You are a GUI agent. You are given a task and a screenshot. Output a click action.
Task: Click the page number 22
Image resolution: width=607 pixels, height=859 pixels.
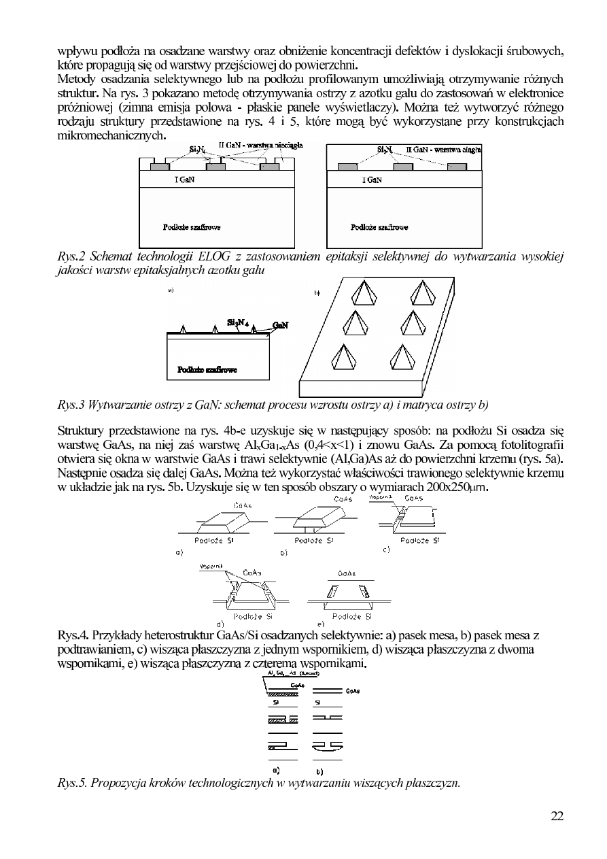pyautogui.click(x=557, y=817)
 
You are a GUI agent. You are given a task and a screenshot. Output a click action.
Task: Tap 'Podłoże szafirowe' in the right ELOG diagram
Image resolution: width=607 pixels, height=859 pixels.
pyautogui.click(x=379, y=228)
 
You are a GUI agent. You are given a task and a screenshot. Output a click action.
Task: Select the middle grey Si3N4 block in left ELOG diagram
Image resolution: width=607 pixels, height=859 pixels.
pyautogui.click(x=215, y=167)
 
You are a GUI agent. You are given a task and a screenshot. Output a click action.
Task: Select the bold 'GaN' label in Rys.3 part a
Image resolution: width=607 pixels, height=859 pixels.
pyautogui.click(x=280, y=326)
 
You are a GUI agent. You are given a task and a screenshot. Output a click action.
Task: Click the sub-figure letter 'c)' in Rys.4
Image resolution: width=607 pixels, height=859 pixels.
pyautogui.click(x=387, y=549)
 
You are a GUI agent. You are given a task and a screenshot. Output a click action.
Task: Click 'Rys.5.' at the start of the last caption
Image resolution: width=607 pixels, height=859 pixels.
pyautogui.click(x=73, y=782)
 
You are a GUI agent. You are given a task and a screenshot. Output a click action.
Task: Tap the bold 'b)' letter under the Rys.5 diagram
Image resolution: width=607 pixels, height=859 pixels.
pyautogui.click(x=319, y=772)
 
